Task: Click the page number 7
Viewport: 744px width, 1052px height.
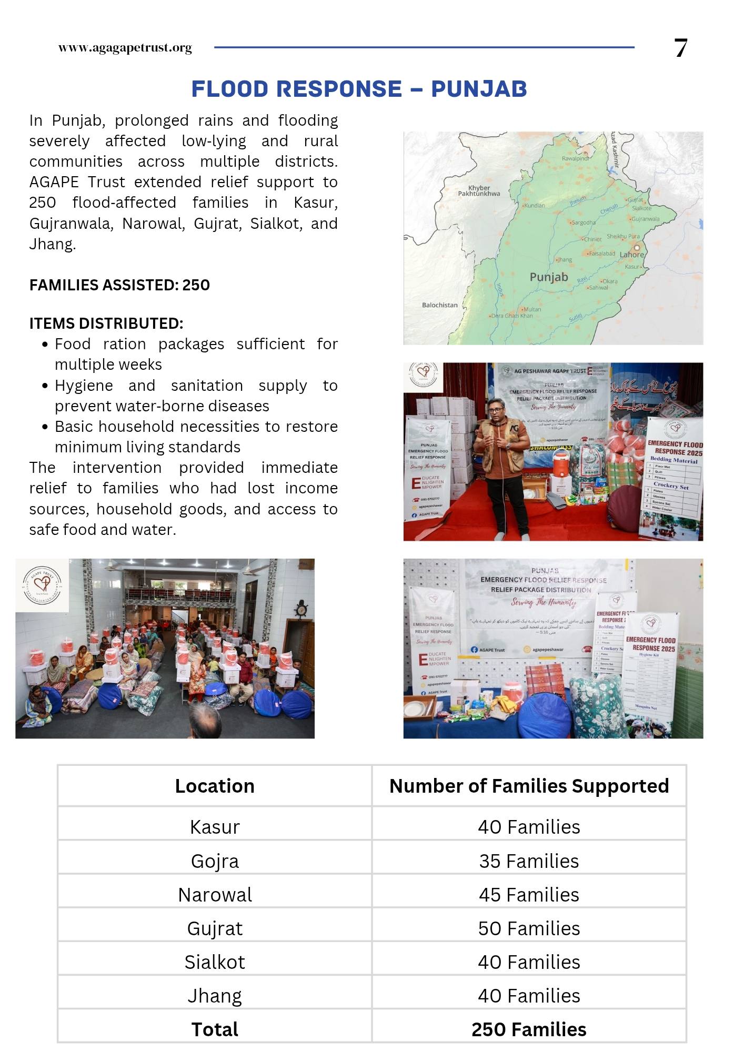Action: (x=680, y=48)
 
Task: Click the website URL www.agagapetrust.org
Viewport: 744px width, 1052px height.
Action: (x=125, y=48)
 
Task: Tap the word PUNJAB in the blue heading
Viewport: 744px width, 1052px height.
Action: (x=479, y=89)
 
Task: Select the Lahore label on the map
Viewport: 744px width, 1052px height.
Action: (x=632, y=255)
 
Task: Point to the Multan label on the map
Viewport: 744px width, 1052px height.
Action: (x=532, y=309)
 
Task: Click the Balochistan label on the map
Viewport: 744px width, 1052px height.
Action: (x=439, y=305)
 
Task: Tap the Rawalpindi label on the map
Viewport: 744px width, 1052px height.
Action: (x=575, y=158)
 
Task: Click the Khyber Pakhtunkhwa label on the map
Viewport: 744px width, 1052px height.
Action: (x=479, y=190)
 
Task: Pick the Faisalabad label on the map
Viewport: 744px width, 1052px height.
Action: (x=602, y=254)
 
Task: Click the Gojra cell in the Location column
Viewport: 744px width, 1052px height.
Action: (x=215, y=861)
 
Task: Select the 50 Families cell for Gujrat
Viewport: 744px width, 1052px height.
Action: (x=529, y=928)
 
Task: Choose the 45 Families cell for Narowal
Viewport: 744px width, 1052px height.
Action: (x=529, y=895)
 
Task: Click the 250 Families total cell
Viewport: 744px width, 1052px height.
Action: (x=529, y=1029)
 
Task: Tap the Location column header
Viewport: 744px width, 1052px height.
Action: (x=215, y=786)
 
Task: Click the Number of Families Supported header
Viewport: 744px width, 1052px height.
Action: (x=529, y=786)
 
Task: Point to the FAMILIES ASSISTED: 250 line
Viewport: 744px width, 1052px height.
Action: (x=119, y=285)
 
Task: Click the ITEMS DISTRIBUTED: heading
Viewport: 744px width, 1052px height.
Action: (x=106, y=323)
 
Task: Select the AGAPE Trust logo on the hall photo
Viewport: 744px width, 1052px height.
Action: (x=42, y=585)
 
